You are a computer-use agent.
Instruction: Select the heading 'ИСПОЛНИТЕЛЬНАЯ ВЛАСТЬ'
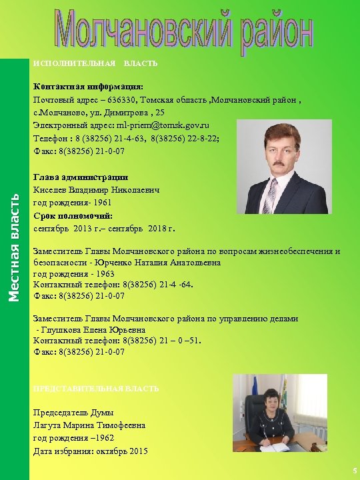(95, 63)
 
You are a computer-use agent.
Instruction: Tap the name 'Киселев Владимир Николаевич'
(97, 190)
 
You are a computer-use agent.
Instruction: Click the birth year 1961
(99, 203)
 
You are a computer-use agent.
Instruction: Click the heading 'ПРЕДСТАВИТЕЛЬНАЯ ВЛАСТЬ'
(96, 388)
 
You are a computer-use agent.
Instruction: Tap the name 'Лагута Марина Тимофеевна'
(89, 425)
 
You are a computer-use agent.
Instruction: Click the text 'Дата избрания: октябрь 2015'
(91, 451)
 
